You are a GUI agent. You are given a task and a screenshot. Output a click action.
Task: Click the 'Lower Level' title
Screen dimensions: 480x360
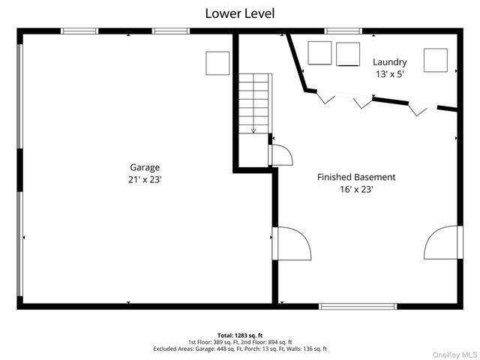pos(240,13)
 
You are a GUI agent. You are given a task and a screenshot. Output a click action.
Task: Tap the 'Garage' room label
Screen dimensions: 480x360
pos(145,167)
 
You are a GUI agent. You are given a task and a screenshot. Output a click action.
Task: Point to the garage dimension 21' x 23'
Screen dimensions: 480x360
pos(145,180)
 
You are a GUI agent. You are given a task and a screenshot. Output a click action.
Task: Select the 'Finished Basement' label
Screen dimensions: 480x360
pos(356,177)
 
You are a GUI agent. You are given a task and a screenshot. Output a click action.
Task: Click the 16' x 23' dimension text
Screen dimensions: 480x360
pos(356,190)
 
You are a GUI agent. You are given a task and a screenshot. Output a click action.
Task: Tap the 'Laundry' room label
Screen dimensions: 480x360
pos(390,62)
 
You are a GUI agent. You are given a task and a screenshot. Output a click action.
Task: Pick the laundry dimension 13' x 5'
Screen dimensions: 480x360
pos(390,74)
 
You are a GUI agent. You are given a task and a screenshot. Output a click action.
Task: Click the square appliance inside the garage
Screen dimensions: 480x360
pos(217,63)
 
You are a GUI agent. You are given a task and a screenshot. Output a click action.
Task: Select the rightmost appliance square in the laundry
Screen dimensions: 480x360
pos(436,60)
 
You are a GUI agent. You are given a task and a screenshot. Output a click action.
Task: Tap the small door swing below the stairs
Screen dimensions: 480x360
pos(282,155)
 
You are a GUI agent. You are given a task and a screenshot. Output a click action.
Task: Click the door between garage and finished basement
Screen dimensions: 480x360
pos(292,243)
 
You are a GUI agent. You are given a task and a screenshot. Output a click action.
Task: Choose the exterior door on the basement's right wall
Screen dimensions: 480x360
pos(443,242)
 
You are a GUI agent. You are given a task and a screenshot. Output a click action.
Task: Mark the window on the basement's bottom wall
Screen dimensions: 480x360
pos(358,307)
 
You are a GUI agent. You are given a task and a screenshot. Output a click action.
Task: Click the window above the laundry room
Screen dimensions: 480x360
pos(343,31)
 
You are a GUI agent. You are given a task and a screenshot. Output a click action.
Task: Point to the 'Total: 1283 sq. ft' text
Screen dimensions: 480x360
pos(240,335)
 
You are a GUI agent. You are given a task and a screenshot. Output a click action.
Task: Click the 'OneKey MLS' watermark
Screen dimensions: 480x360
pos(454,355)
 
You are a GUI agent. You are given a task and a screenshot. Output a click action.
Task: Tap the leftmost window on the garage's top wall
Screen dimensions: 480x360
pos(79,31)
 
